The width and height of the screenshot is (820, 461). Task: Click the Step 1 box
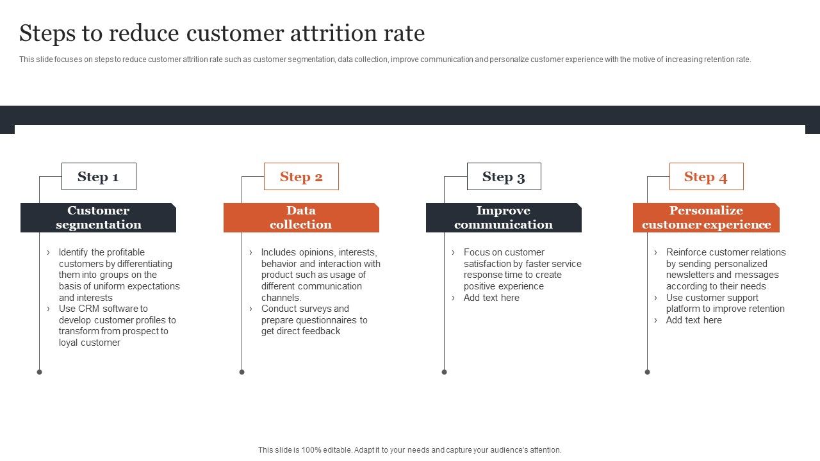click(x=99, y=177)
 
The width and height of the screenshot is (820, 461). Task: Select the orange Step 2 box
click(x=301, y=177)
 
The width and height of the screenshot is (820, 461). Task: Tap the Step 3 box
click(x=504, y=177)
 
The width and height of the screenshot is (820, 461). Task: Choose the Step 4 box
click(x=706, y=177)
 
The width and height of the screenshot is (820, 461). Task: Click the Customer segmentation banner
click(x=98, y=218)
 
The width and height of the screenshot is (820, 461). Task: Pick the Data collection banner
click(x=301, y=218)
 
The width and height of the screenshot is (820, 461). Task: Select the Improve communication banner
click(x=504, y=218)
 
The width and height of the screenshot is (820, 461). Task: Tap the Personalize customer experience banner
click(x=706, y=218)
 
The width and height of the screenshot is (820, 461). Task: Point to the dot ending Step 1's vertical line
click(x=40, y=372)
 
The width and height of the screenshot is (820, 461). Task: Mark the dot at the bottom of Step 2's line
click(x=242, y=372)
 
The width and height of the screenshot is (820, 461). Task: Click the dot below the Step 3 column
click(x=445, y=372)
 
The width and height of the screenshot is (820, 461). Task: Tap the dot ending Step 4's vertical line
click(x=647, y=372)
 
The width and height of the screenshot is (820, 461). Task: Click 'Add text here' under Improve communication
click(x=491, y=298)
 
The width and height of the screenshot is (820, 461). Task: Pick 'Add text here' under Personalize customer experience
click(x=694, y=320)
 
